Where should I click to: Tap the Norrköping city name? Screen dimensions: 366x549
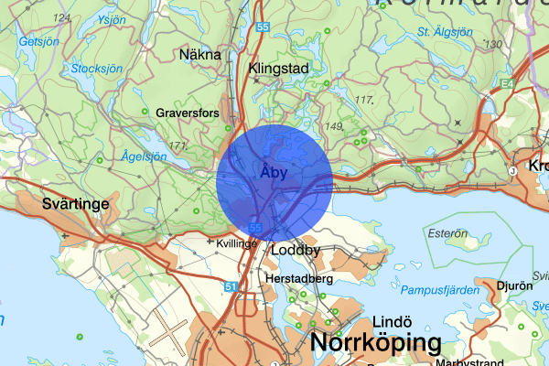point(376,344)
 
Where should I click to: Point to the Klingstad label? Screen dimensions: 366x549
point(279,68)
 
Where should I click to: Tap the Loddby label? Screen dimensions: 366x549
point(296,249)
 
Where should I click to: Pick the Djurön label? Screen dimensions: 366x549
point(515,285)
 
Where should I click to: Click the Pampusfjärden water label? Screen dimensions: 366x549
point(447,291)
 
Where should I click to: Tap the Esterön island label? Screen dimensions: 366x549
point(447,232)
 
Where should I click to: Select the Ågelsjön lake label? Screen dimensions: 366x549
point(144,156)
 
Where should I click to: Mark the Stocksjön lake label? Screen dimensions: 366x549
point(95,68)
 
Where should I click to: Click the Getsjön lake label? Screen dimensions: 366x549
point(38,42)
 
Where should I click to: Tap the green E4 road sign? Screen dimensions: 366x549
point(507,85)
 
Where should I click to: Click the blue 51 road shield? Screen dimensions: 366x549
point(230,286)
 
